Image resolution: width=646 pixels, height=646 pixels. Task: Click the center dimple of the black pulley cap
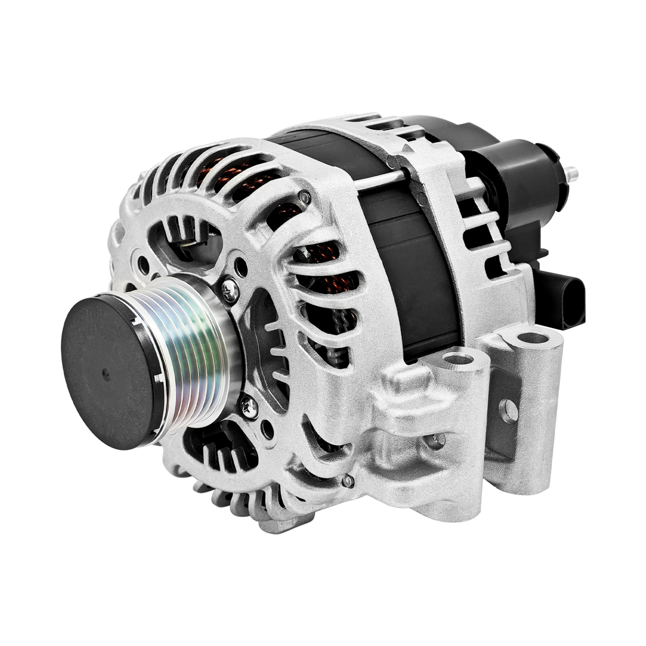click(x=106, y=374)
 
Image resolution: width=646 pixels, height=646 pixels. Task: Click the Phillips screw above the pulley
click(x=230, y=289)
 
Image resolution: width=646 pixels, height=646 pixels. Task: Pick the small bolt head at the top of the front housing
click(x=305, y=197)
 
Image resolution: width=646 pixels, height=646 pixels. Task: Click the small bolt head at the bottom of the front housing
click(x=348, y=481)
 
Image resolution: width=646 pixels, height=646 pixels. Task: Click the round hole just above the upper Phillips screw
click(x=241, y=267)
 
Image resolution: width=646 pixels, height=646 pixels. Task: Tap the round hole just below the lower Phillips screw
click(x=267, y=430)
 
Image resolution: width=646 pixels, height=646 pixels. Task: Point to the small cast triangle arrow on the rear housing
click(x=407, y=148)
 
